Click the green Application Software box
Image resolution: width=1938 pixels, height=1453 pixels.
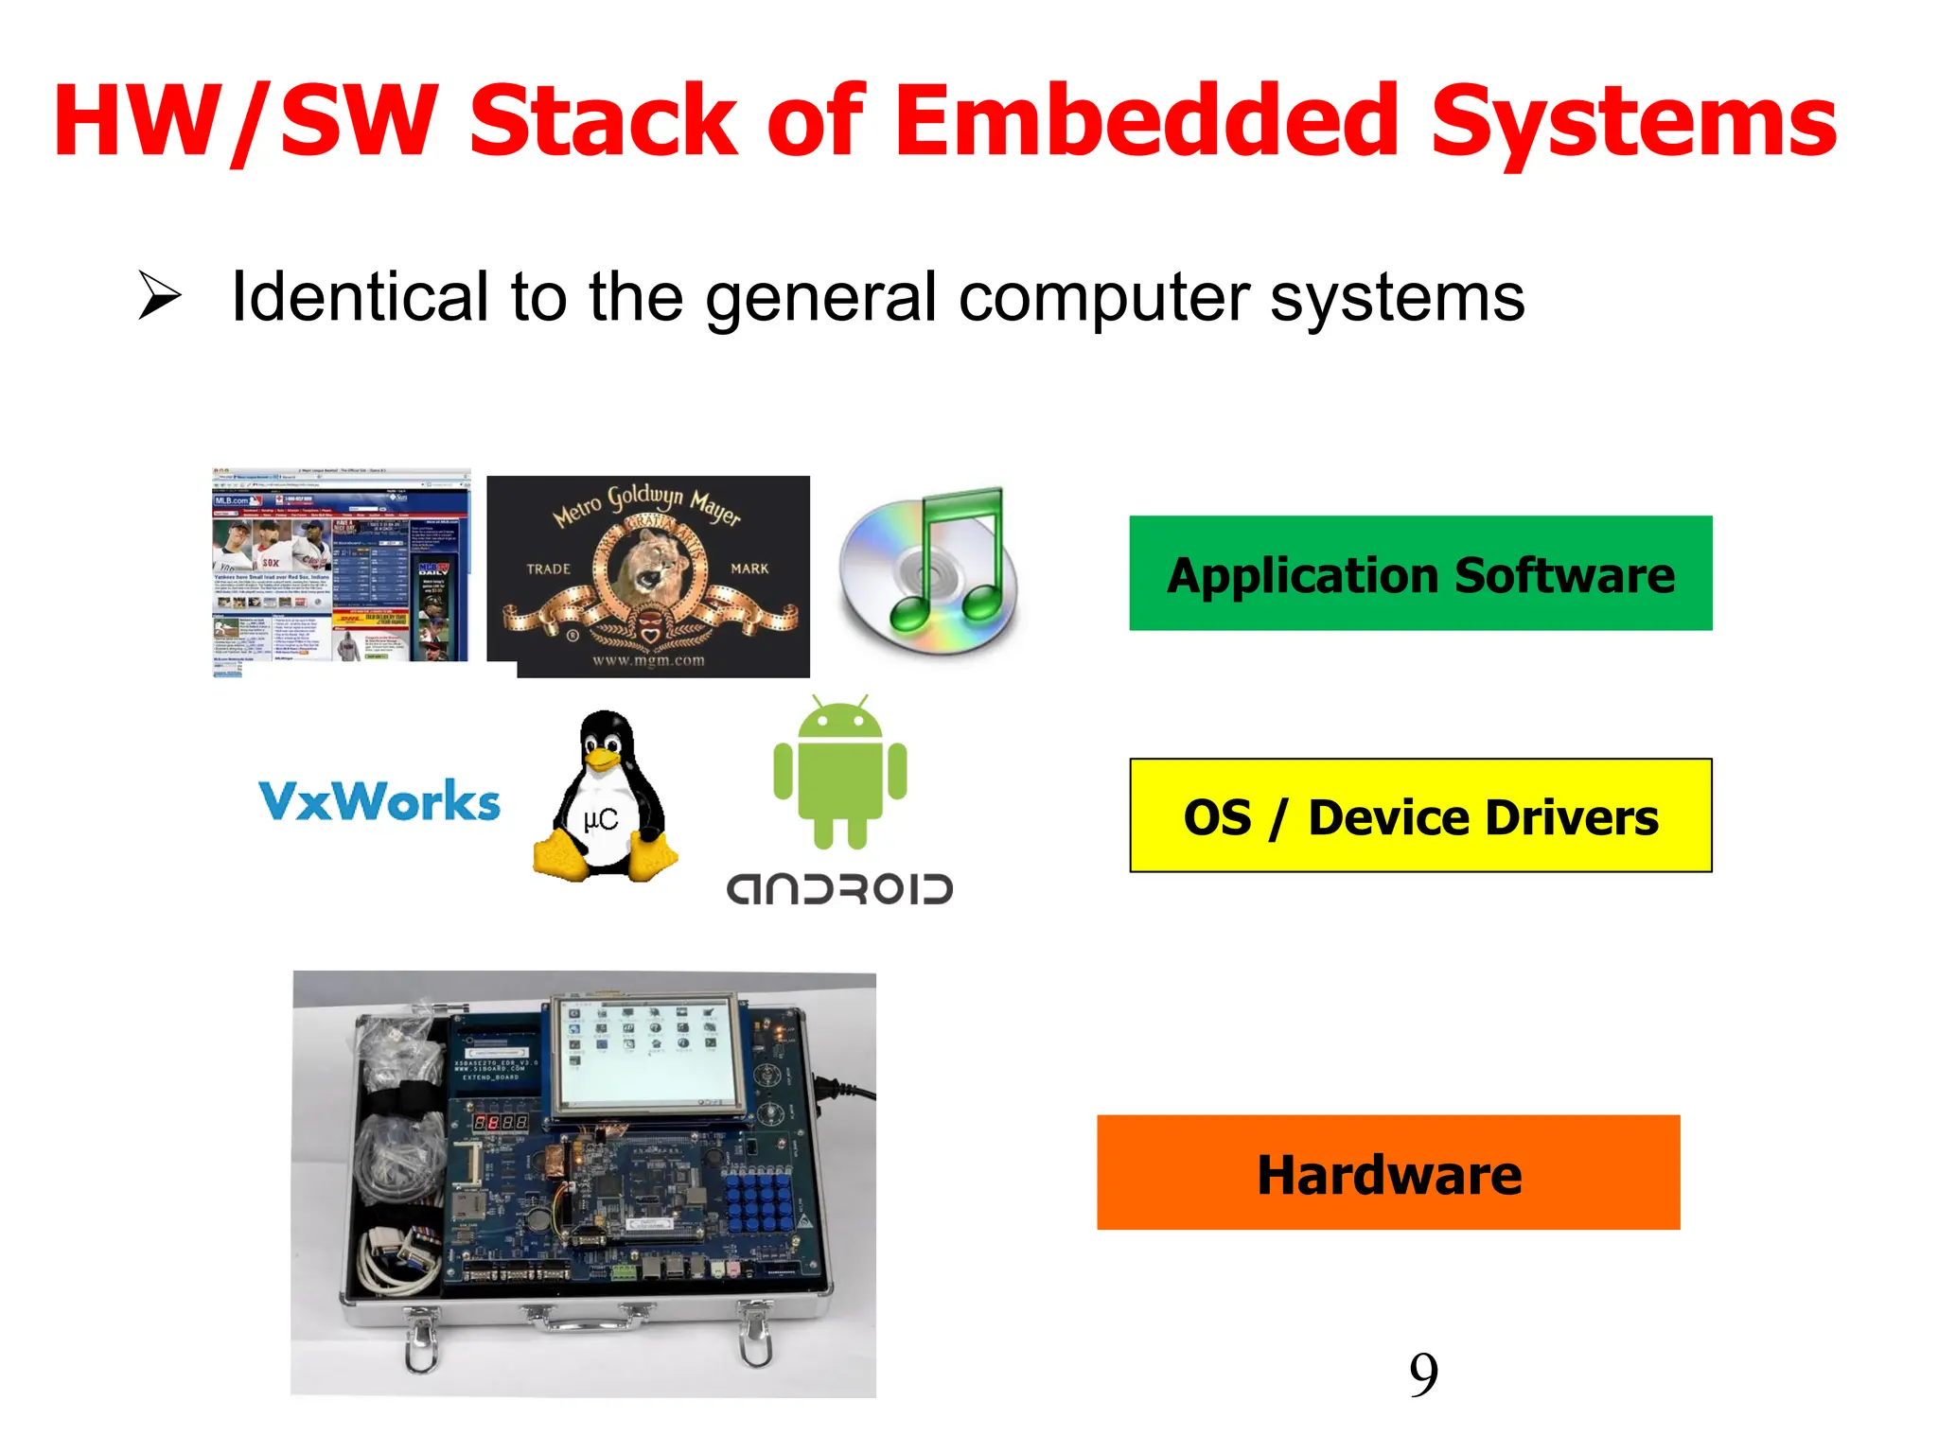click(x=1420, y=573)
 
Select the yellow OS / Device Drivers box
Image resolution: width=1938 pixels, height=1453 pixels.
click(x=1420, y=815)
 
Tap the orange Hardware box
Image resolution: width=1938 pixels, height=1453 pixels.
click(x=1388, y=1173)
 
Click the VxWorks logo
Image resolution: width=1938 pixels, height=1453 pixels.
click(x=379, y=801)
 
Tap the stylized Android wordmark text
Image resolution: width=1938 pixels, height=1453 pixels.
click(x=839, y=889)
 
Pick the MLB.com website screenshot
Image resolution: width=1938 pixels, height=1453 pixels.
click(x=341, y=571)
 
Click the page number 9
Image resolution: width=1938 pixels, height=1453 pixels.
click(x=1423, y=1374)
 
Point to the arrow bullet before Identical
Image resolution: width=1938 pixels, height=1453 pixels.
click(x=159, y=295)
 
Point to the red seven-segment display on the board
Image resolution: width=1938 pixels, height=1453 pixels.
click(x=501, y=1123)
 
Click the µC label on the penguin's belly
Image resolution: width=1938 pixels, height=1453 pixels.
click(x=601, y=819)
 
